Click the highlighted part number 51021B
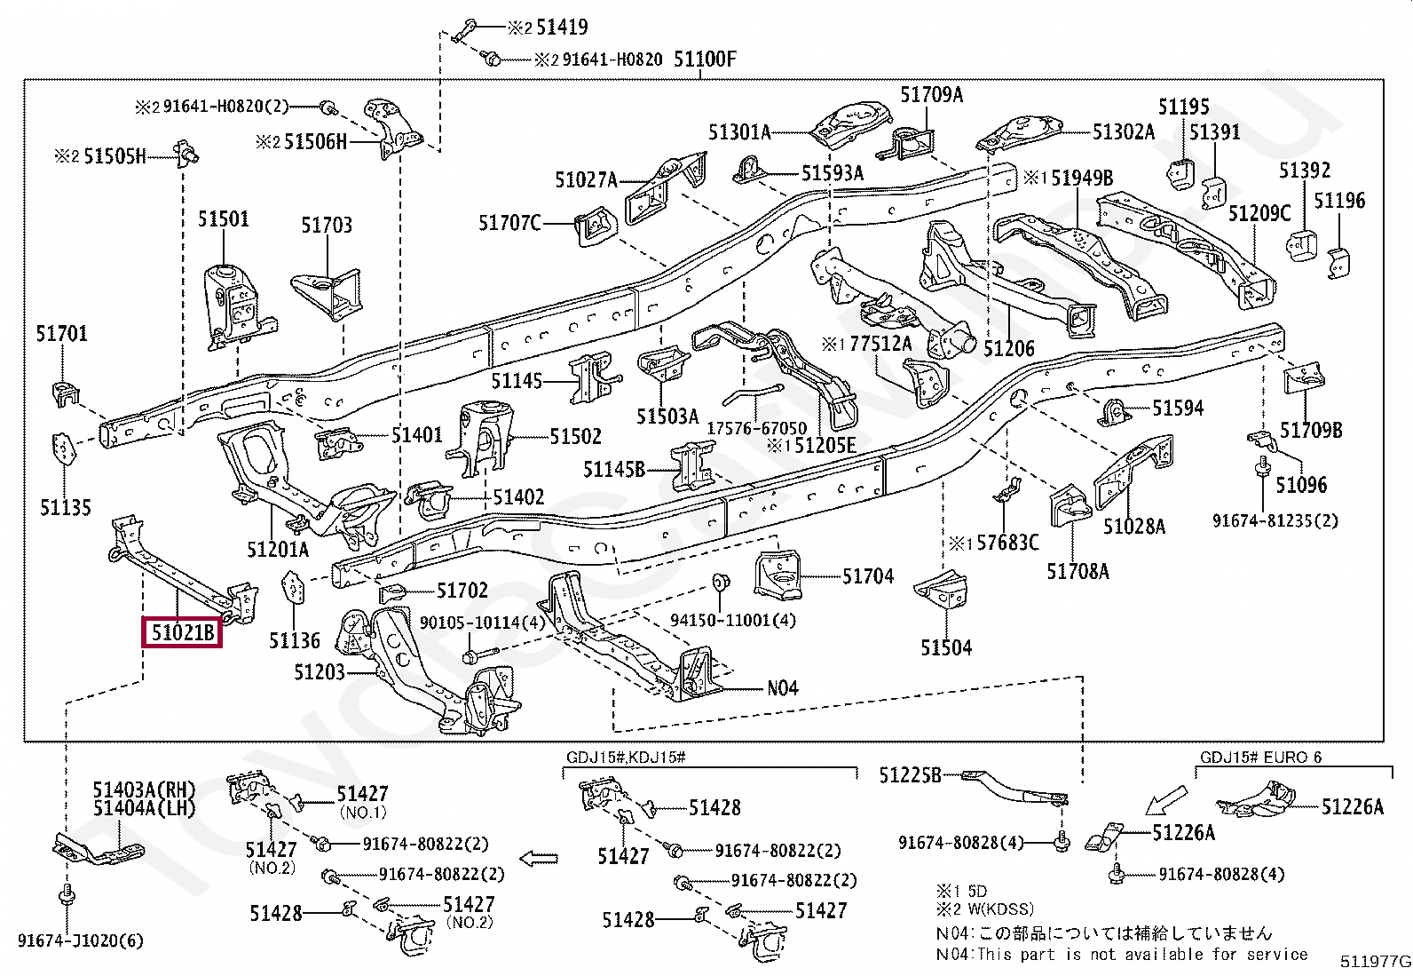pos(182,632)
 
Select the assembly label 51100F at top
pos(705,60)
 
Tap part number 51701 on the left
pos(61,333)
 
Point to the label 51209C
pos(1259,213)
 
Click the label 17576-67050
pos(756,428)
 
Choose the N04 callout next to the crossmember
pos(782,687)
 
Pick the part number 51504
pos(946,647)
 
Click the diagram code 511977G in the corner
pos(1376,961)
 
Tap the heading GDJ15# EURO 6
pos(1260,757)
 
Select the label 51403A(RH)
pos(144,790)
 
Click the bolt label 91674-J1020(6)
pos(81,940)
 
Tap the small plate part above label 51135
pos(63,449)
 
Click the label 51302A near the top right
pos(1124,132)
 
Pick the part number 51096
pos(1301,485)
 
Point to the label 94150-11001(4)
pos(733,620)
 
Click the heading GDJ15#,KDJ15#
pos(626,757)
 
